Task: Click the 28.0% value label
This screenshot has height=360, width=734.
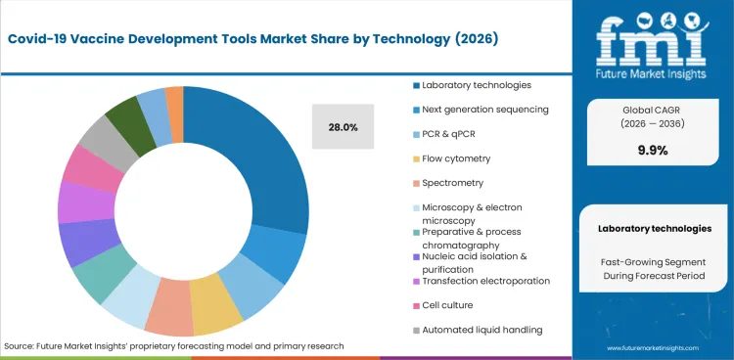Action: click(x=343, y=127)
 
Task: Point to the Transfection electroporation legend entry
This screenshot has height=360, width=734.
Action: click(x=484, y=281)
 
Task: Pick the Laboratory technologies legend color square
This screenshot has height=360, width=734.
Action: click(x=416, y=85)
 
